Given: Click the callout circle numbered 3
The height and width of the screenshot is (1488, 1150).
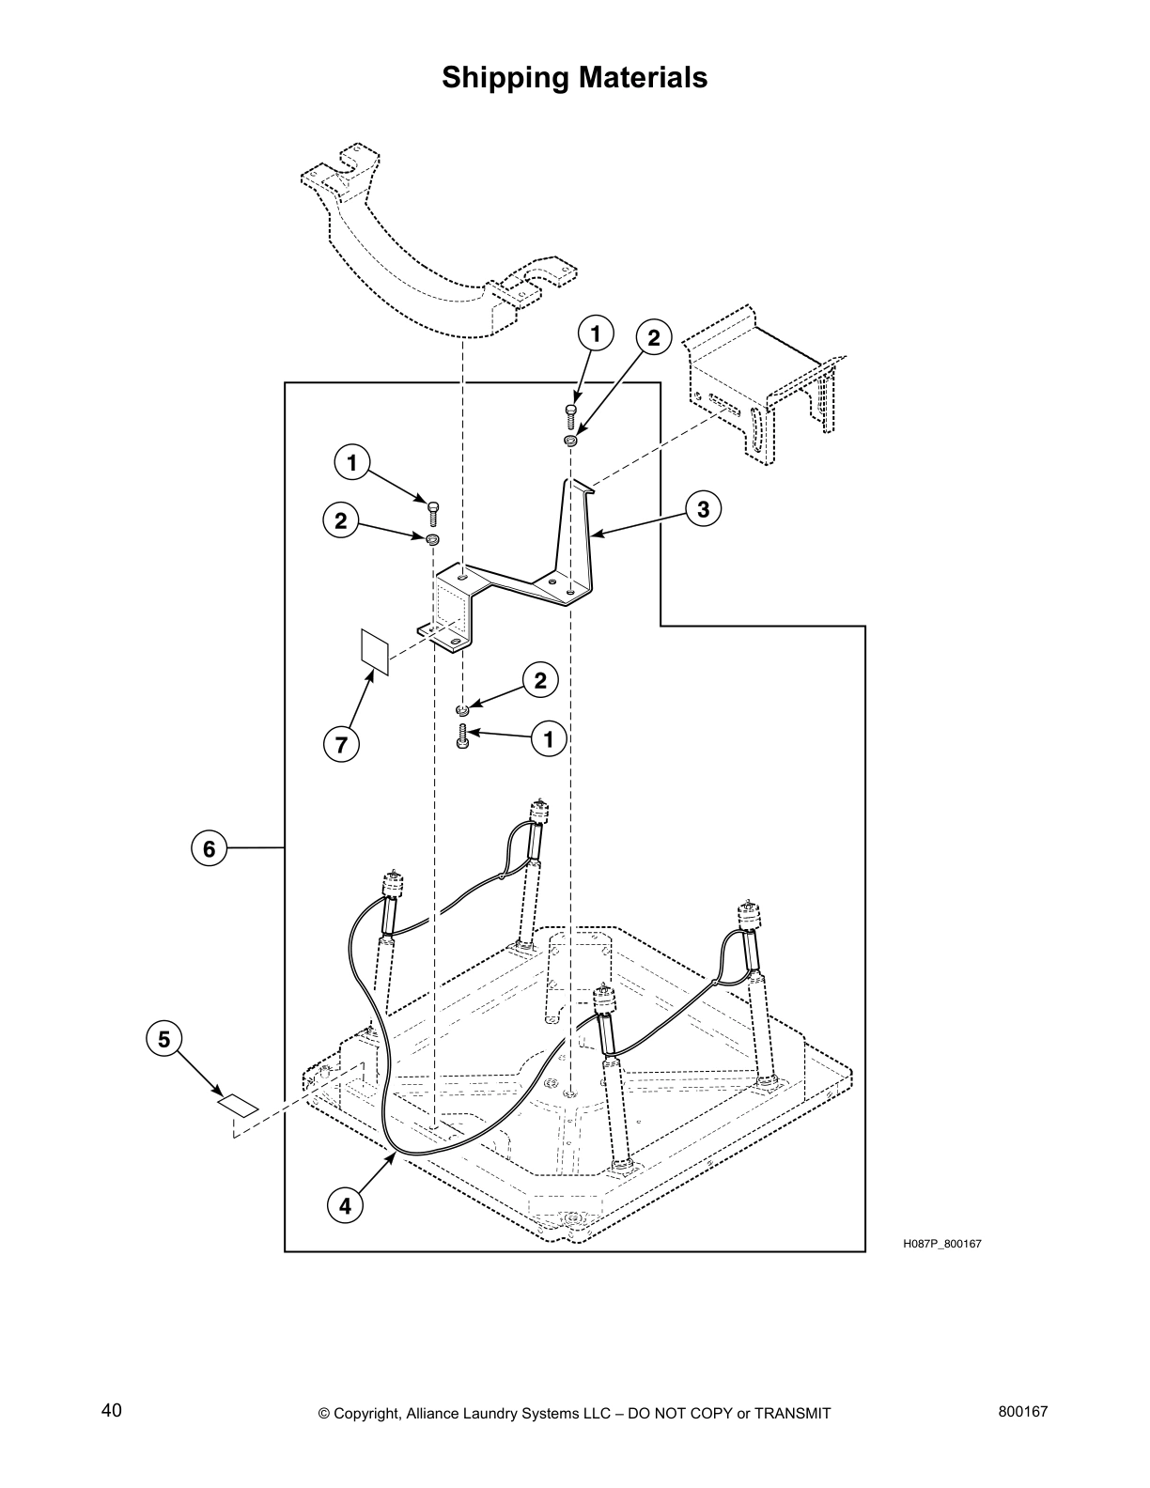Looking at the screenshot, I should (x=703, y=509).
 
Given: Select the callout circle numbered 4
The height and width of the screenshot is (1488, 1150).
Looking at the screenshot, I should (x=346, y=1206).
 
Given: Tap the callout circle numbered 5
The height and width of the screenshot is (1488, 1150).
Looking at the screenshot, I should (x=164, y=1039).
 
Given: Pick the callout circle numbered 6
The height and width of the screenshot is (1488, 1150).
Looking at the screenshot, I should (x=209, y=849).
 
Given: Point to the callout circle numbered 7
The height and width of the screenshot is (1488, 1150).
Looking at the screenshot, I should (x=341, y=745).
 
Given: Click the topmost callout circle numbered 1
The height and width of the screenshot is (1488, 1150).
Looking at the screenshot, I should (x=595, y=333).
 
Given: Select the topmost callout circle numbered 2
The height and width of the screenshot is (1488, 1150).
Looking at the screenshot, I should (x=654, y=338).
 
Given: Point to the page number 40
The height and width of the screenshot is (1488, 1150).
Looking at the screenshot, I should (x=111, y=1410).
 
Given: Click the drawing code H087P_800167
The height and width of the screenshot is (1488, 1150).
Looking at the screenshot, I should (x=942, y=1244).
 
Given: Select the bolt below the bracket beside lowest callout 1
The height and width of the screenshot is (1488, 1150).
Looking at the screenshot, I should (x=461, y=736).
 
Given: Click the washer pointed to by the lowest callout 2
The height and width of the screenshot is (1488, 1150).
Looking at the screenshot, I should (x=462, y=709).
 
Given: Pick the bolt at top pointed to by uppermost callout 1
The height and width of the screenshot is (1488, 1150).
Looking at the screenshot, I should (x=570, y=414).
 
